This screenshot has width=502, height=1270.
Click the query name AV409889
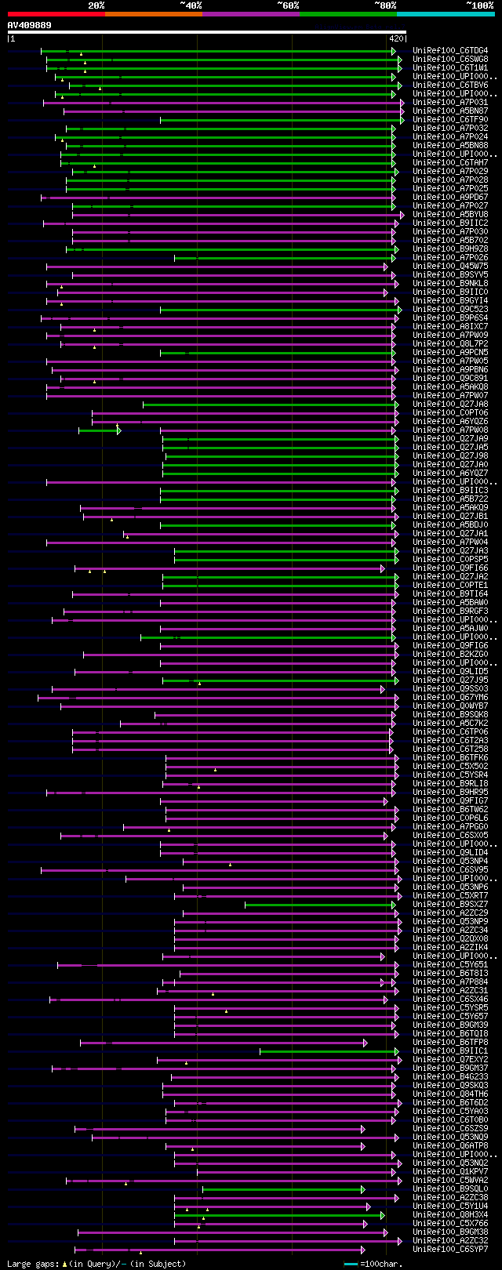click(x=30, y=25)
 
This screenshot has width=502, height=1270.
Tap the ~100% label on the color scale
click(x=479, y=5)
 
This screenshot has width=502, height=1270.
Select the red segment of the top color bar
click(x=56, y=14)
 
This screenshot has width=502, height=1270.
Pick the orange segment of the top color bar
click(x=153, y=14)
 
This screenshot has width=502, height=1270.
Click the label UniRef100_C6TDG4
click(x=449, y=51)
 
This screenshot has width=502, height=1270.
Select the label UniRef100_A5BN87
click(x=449, y=111)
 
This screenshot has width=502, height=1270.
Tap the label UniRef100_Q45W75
click(x=449, y=267)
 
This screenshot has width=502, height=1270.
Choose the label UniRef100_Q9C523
click(x=449, y=310)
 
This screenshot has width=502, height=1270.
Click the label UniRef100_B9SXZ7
click(x=449, y=905)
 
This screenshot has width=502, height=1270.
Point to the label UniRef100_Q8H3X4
click(x=449, y=1215)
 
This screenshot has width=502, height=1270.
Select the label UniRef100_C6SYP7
click(x=449, y=1250)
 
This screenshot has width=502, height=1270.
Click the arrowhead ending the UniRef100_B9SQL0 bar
click(x=363, y=1189)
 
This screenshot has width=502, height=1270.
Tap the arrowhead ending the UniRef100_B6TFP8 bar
click(x=365, y=1043)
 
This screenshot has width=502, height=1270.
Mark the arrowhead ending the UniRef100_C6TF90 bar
click(x=402, y=120)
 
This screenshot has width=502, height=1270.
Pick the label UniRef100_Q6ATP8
click(x=449, y=1146)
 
